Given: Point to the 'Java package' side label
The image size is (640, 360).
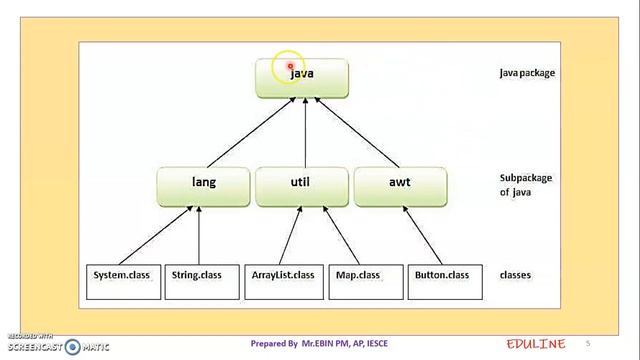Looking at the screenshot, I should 527,73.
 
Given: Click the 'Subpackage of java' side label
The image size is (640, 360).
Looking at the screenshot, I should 525,185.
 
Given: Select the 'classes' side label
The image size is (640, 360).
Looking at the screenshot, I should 515,275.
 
